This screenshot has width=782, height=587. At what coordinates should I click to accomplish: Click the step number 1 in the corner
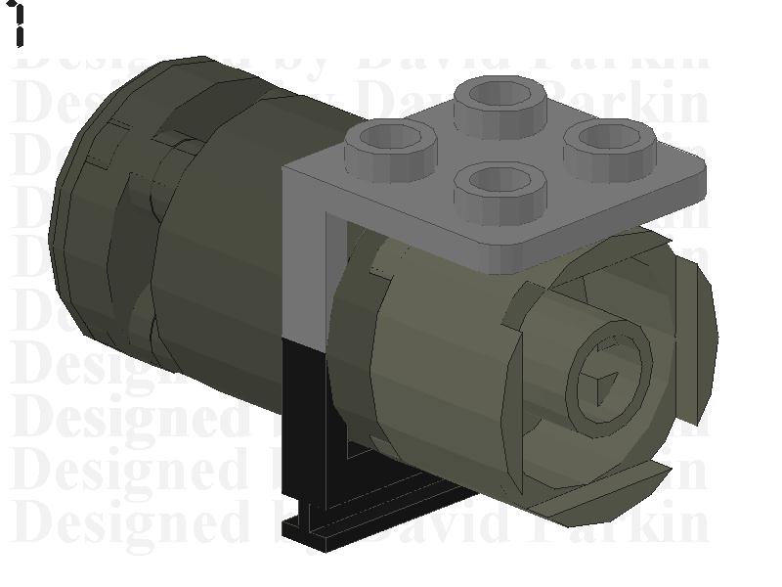18,24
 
